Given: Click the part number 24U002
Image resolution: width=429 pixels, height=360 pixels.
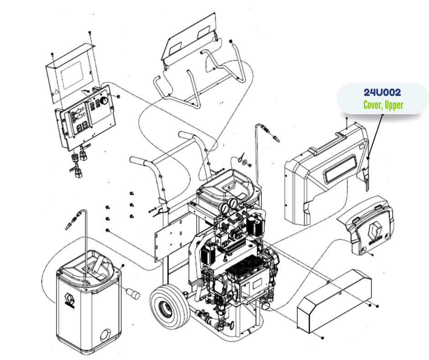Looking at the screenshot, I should pos(382,92).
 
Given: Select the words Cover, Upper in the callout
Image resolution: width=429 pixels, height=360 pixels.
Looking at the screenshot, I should pos(383,105).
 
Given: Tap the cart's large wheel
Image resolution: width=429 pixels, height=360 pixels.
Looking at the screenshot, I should pos(166,308).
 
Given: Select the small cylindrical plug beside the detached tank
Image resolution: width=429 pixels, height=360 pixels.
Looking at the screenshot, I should pos(133,293).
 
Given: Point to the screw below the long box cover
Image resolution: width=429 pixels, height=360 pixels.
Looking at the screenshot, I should pos(322,338).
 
